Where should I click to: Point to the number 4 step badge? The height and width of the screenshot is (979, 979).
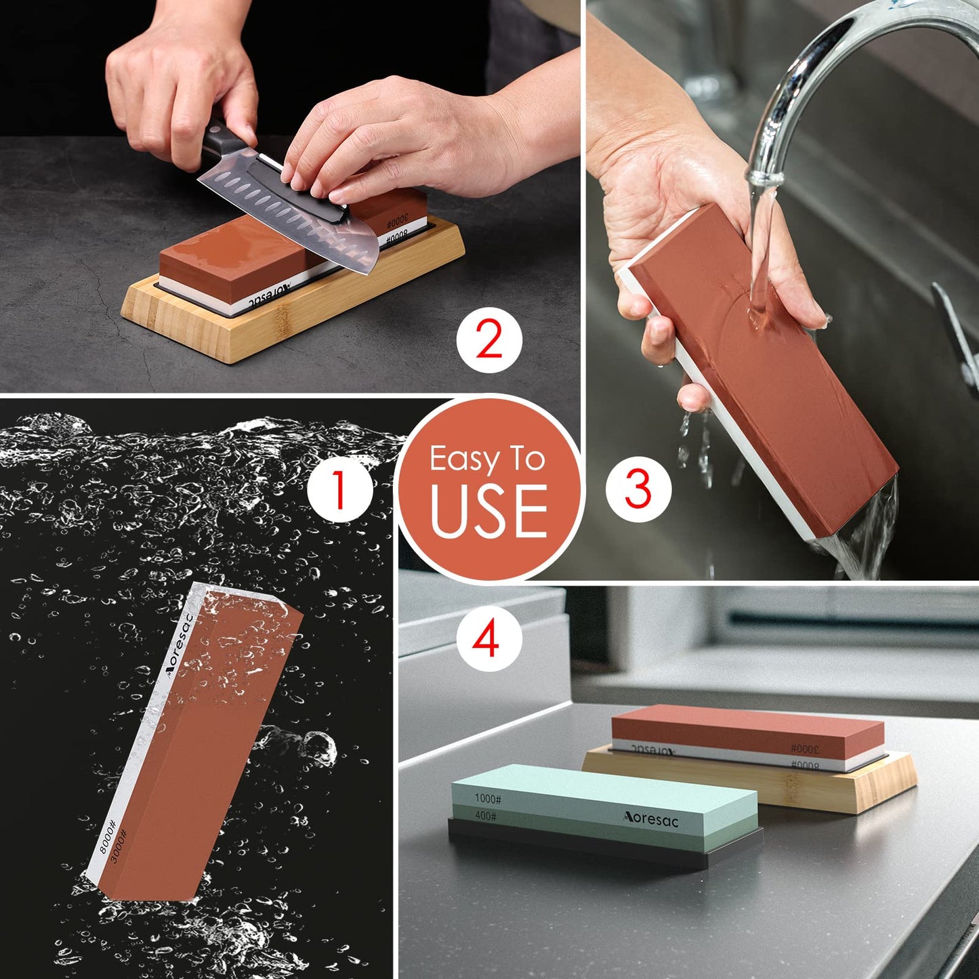tap(487, 639)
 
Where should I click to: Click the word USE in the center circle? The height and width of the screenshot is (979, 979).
tap(488, 510)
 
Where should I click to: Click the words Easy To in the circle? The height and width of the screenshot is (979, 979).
tap(487, 459)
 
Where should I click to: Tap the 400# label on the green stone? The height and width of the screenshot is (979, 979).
tap(485, 816)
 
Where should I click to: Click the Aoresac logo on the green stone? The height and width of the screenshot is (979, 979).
tap(650, 818)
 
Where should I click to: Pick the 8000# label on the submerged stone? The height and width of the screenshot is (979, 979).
tap(108, 833)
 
